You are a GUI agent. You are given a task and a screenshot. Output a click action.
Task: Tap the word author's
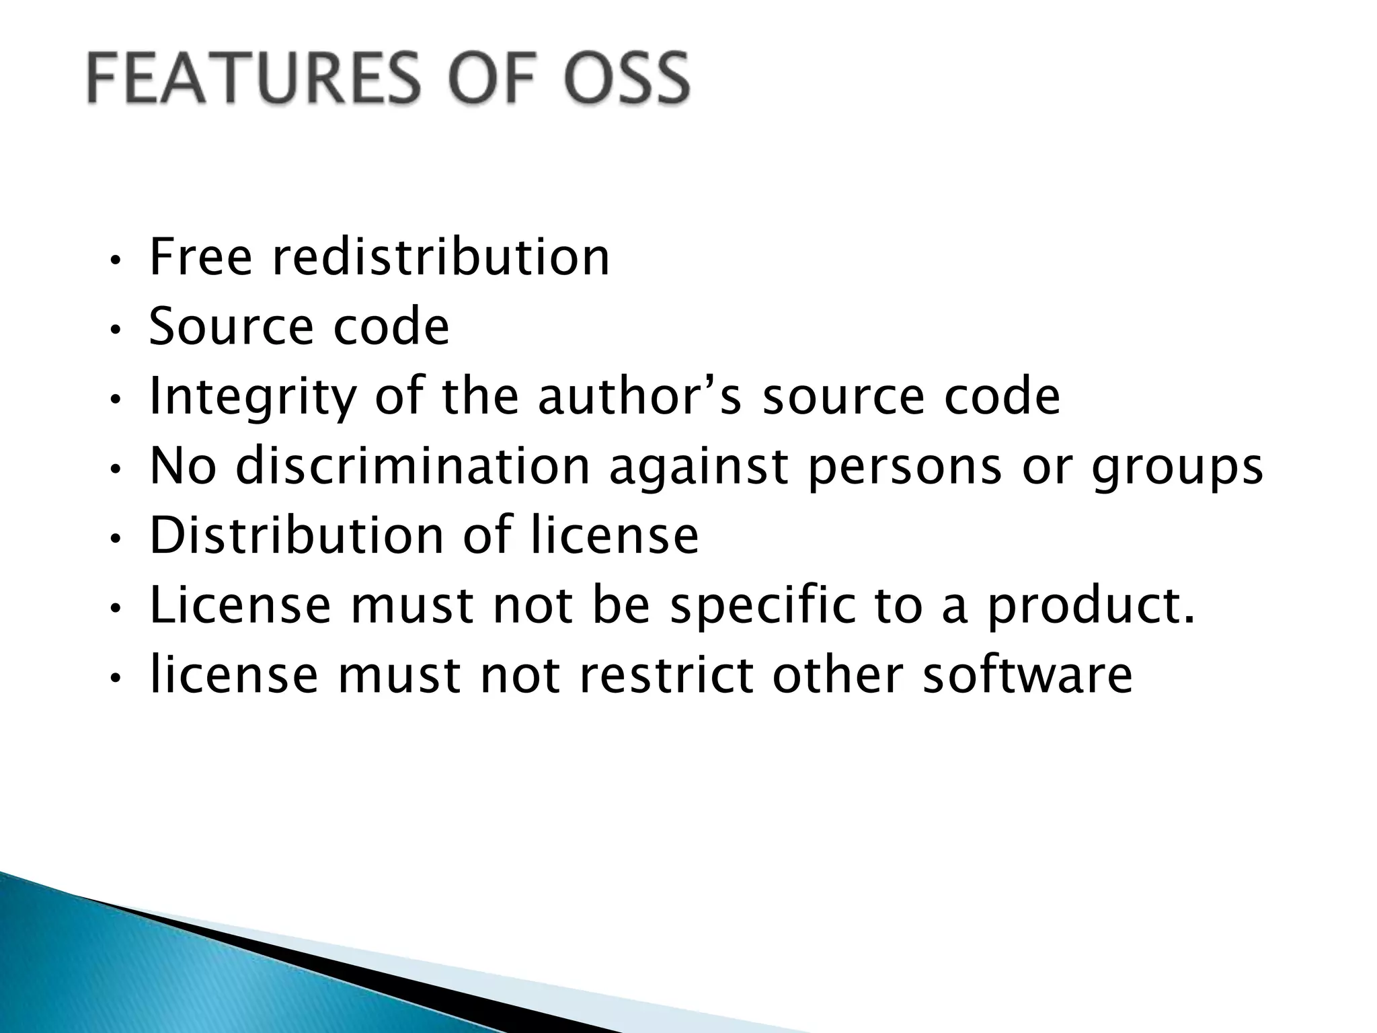639,397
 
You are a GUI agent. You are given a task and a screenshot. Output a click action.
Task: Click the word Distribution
297,536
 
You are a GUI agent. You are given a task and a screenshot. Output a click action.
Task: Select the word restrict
666,676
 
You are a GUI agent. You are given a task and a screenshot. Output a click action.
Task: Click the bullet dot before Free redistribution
115,260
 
